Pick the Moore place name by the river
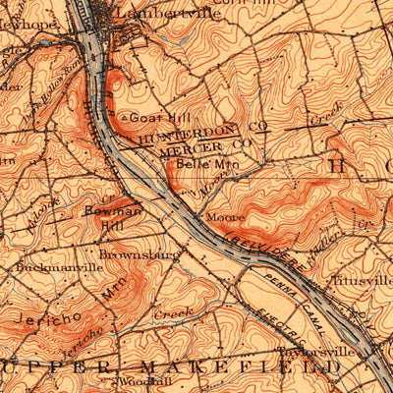218,216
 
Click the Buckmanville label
58,265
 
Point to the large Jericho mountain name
41,318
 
